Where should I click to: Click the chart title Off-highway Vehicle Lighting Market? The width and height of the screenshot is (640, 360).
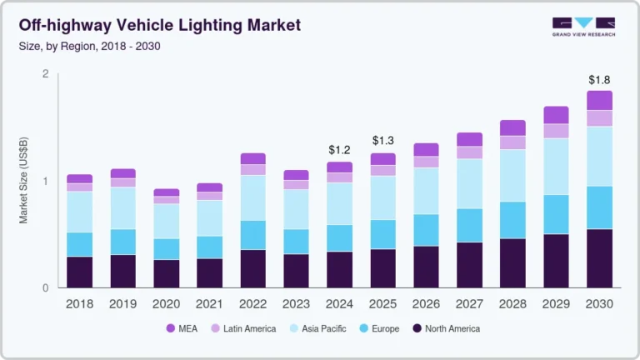click(x=159, y=26)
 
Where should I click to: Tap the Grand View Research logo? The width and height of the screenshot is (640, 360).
click(x=583, y=27)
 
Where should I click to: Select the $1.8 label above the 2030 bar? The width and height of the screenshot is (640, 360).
click(x=599, y=80)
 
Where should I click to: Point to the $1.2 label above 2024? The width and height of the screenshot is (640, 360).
click(x=339, y=150)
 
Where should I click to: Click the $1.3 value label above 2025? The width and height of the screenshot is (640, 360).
click(x=383, y=140)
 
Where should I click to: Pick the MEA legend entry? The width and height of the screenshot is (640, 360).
click(x=185, y=328)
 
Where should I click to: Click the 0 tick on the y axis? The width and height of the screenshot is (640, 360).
click(x=46, y=288)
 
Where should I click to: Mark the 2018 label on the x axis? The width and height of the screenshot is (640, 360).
click(x=80, y=304)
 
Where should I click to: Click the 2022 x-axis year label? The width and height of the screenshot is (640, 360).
click(x=252, y=304)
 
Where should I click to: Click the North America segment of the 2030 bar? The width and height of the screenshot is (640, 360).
click(x=599, y=258)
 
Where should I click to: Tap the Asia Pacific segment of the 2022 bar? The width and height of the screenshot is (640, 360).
click(x=252, y=197)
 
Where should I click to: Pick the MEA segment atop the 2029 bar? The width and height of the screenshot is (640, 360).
click(x=556, y=115)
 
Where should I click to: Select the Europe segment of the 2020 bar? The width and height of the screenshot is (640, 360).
click(x=166, y=249)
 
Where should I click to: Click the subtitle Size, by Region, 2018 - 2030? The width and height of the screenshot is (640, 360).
click(x=90, y=46)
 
